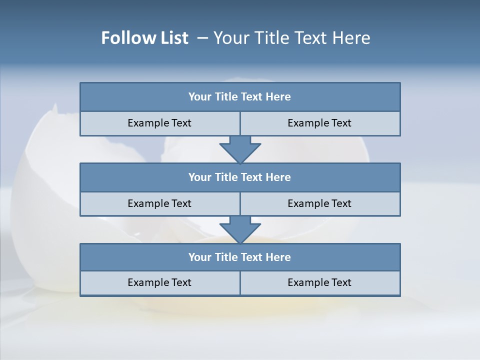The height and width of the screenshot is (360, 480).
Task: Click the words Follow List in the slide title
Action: point(145,38)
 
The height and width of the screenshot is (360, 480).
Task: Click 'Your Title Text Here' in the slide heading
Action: point(291,38)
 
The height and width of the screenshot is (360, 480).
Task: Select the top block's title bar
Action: point(240,97)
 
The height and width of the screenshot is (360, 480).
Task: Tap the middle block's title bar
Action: point(240,177)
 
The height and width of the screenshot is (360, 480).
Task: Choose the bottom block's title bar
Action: point(240,257)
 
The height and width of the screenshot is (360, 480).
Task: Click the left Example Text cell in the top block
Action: point(159,123)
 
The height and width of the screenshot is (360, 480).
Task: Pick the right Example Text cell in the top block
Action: point(319,123)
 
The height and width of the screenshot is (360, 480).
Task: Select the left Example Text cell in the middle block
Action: point(159,203)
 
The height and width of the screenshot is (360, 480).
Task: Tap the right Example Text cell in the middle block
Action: point(319,203)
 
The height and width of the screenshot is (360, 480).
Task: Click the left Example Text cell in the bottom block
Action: point(159,282)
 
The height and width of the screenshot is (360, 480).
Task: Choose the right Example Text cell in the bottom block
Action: point(319,282)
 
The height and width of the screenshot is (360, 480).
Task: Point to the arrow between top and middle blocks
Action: point(240,149)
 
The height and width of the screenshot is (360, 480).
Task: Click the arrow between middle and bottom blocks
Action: point(240,229)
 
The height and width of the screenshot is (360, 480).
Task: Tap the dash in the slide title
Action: point(203,38)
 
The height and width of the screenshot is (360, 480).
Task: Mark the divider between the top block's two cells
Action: point(240,123)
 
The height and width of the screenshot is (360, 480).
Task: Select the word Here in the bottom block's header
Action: point(278,257)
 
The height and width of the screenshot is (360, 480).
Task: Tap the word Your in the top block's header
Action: point(200,97)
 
